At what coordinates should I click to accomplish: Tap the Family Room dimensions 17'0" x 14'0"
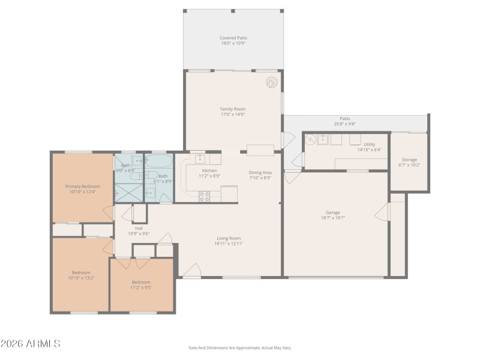click(x=233, y=114)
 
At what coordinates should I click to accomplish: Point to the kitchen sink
click(x=199, y=158)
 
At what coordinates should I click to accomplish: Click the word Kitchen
click(x=209, y=170)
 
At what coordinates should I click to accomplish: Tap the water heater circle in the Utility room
click(x=310, y=140)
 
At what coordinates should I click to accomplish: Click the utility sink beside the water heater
click(x=322, y=140)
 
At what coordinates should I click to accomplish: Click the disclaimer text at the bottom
click(x=239, y=347)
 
